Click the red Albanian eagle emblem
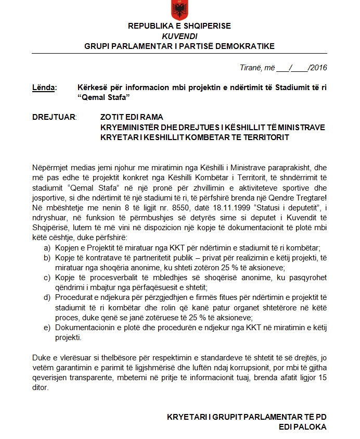tap(180, 9)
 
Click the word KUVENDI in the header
tap(180, 36)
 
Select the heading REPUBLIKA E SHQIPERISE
tap(179, 26)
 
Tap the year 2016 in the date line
tap(318, 67)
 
